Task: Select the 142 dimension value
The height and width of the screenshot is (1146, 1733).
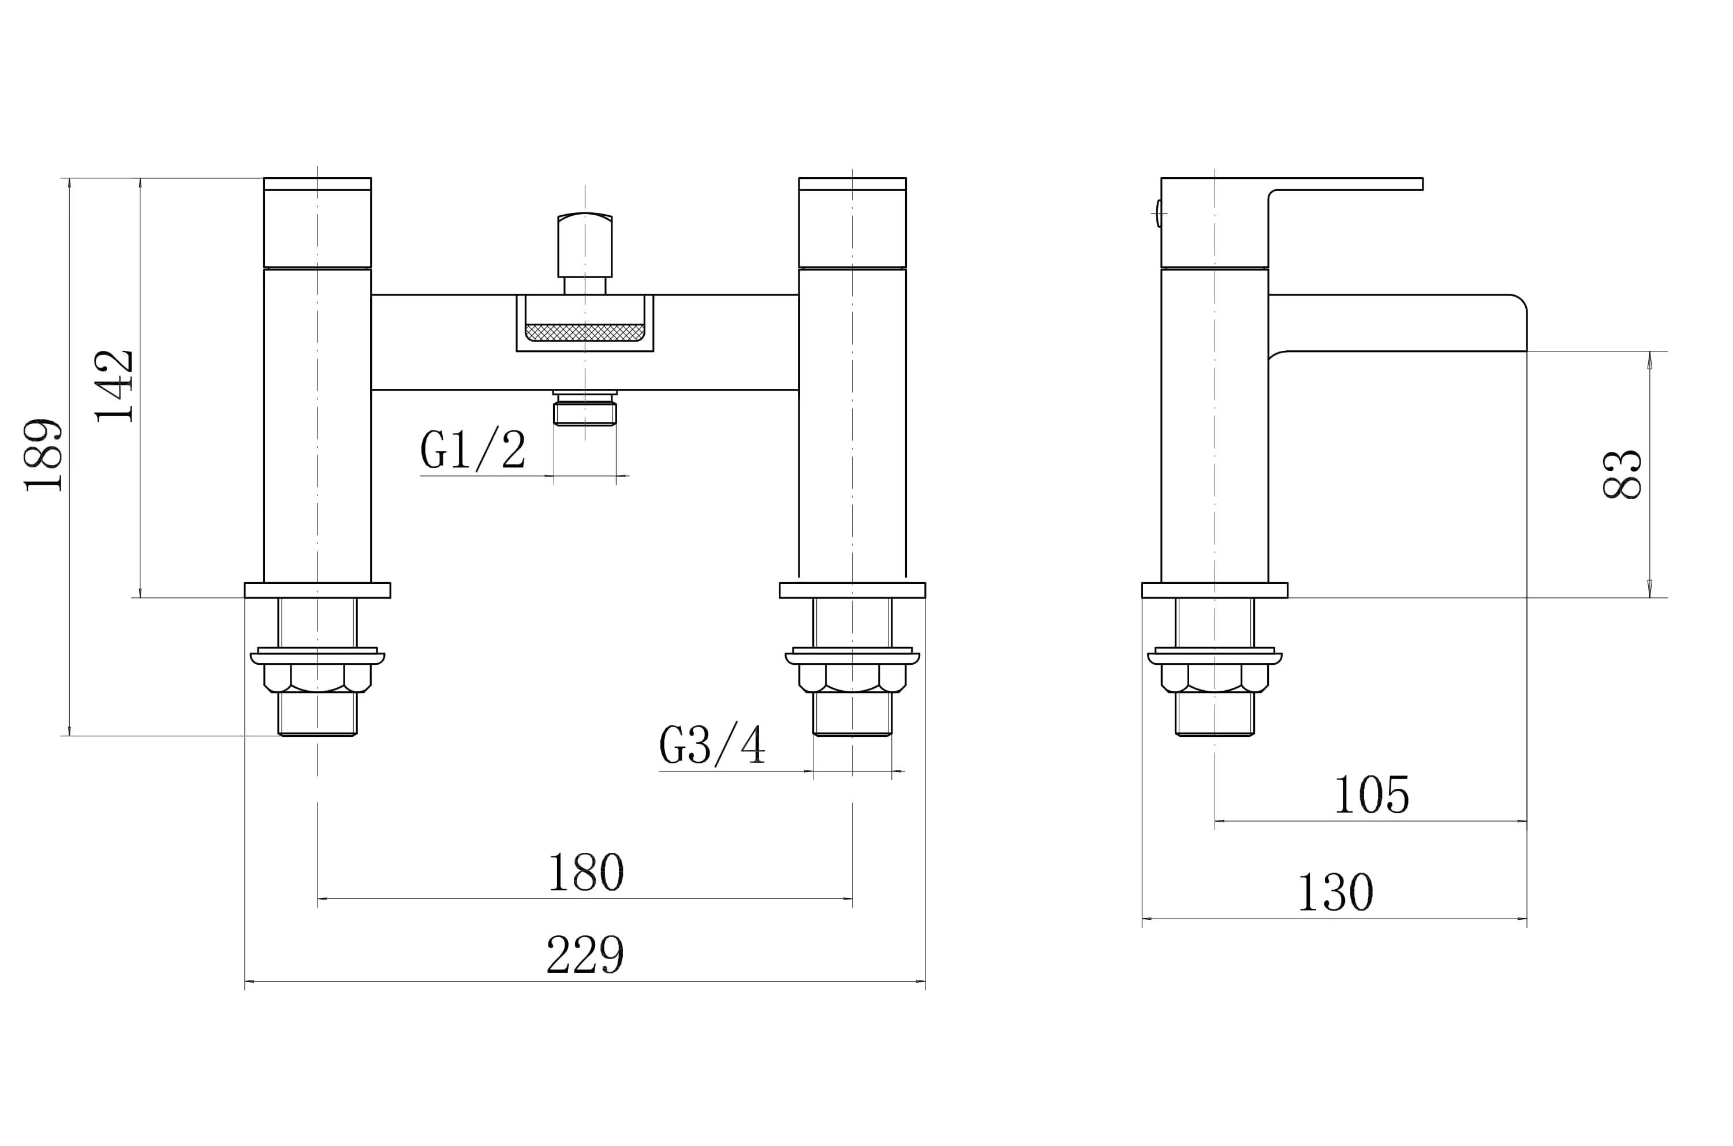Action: (114, 387)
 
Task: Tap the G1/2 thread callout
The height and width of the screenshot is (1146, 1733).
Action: (473, 449)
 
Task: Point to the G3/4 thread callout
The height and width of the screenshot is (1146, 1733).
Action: (712, 745)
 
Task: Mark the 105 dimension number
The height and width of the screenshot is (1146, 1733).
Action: (1372, 795)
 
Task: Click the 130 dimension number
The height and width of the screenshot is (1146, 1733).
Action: (1335, 892)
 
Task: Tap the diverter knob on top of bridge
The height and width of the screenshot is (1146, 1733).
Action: (585, 246)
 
